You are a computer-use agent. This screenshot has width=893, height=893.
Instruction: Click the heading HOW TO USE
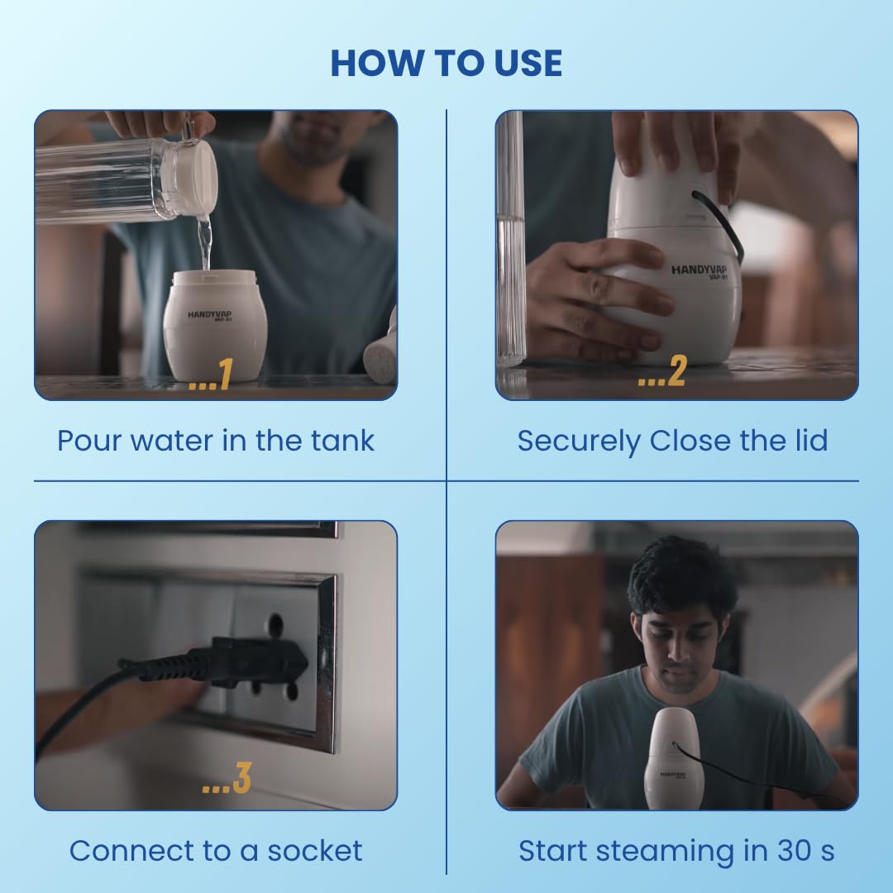click(x=446, y=63)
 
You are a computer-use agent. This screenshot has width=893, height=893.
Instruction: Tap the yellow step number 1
click(x=226, y=374)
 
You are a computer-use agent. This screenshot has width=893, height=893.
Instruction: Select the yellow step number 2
click(x=676, y=371)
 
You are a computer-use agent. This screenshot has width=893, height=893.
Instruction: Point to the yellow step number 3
click(x=241, y=778)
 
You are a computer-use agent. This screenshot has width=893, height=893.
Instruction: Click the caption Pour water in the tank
click(x=216, y=440)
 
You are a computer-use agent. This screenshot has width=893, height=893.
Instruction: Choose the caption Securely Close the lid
click(x=672, y=441)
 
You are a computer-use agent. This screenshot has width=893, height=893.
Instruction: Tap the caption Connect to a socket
click(x=216, y=851)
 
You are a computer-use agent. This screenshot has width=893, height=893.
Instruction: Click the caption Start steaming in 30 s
click(x=676, y=852)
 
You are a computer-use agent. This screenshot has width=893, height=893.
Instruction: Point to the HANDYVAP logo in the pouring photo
click(x=209, y=315)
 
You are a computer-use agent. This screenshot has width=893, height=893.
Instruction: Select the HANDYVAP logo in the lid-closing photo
click(x=699, y=271)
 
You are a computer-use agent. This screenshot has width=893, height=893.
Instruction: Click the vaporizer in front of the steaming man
click(x=674, y=757)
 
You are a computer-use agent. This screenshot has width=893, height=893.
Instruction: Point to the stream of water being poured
click(x=204, y=242)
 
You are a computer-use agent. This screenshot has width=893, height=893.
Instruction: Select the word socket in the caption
click(x=314, y=851)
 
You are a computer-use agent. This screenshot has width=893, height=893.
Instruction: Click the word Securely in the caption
click(x=579, y=442)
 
